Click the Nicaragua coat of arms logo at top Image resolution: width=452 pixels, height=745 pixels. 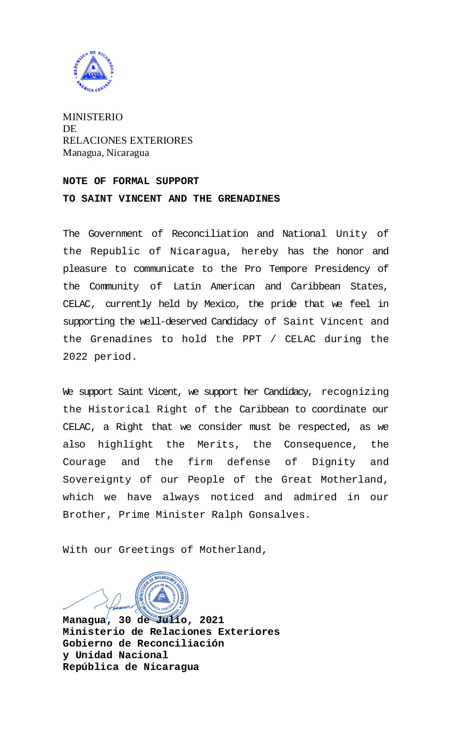coord(94,72)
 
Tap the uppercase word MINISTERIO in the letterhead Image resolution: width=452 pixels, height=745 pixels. coord(93,117)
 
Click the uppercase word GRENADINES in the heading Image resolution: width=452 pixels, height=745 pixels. coord(249,199)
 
